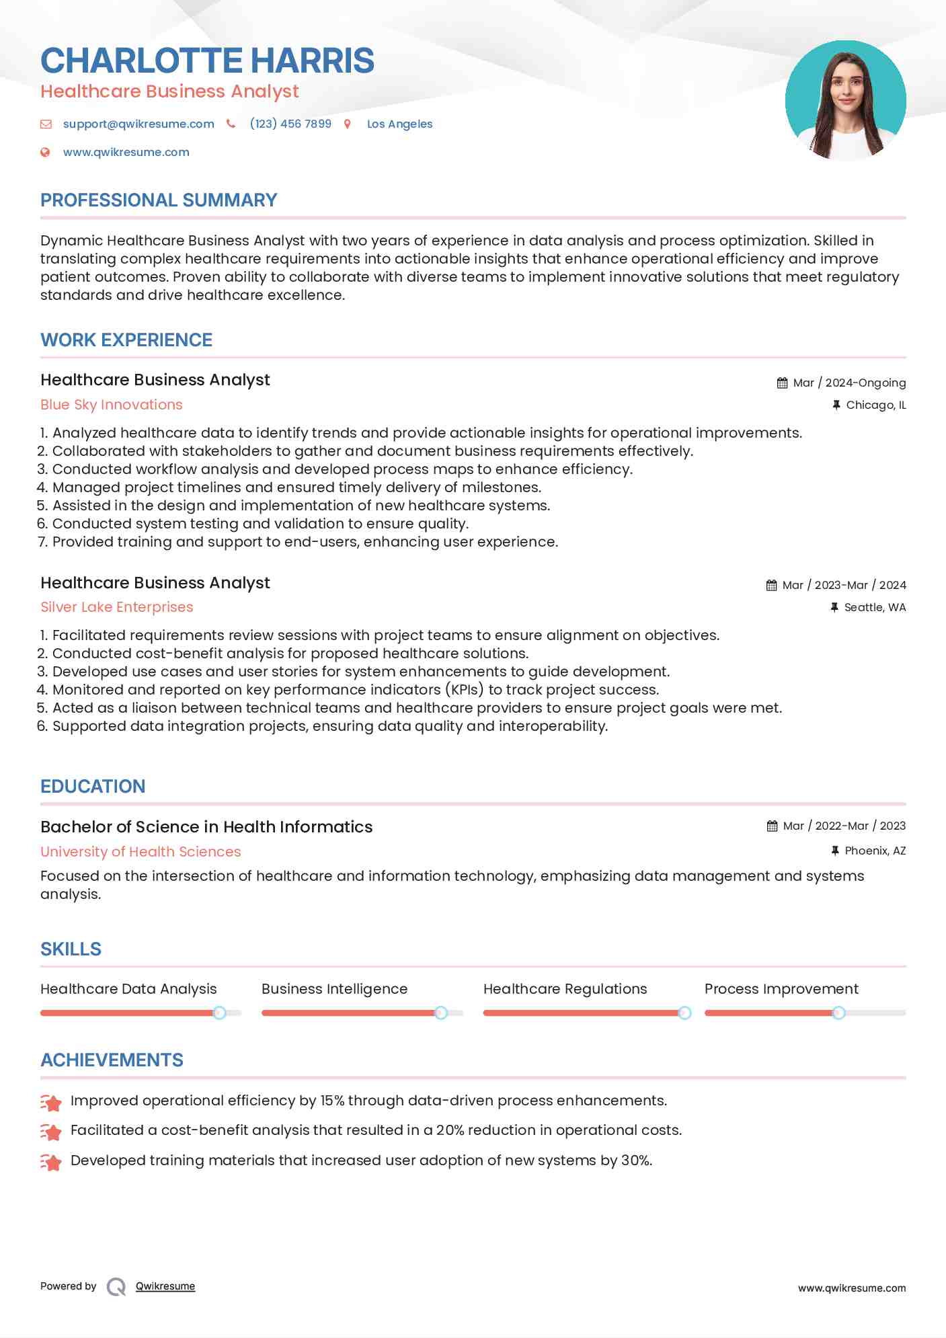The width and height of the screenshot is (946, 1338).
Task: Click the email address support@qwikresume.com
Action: (x=139, y=124)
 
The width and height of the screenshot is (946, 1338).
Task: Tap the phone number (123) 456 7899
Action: (x=290, y=124)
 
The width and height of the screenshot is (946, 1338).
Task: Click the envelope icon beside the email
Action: (x=46, y=124)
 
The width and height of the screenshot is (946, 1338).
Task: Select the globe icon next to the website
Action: (x=45, y=153)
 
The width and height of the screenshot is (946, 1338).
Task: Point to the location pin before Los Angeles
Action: (x=348, y=124)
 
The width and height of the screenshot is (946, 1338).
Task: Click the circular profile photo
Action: (x=845, y=100)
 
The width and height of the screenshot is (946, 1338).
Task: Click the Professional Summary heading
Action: (x=159, y=200)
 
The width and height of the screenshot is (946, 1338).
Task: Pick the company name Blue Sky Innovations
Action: (x=112, y=405)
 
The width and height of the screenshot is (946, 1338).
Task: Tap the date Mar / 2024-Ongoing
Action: (x=849, y=383)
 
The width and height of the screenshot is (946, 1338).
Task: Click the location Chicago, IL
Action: (x=875, y=405)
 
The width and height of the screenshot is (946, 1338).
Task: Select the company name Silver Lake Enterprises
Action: (x=117, y=607)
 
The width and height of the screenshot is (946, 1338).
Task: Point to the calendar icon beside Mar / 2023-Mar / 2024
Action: (x=771, y=586)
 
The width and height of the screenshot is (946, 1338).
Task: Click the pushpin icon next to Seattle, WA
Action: (x=834, y=608)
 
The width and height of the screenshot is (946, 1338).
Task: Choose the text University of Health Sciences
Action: (x=141, y=852)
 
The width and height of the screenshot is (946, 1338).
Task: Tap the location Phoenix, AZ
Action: (x=875, y=851)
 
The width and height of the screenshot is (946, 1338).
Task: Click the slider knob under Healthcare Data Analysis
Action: (x=219, y=1013)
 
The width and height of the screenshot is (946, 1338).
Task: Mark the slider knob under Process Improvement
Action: (x=838, y=1013)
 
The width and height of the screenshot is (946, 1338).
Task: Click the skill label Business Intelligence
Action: (x=334, y=989)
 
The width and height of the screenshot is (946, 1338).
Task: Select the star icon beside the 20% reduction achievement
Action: (x=51, y=1132)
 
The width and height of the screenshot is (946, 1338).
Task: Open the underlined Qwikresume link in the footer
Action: (x=165, y=1286)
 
